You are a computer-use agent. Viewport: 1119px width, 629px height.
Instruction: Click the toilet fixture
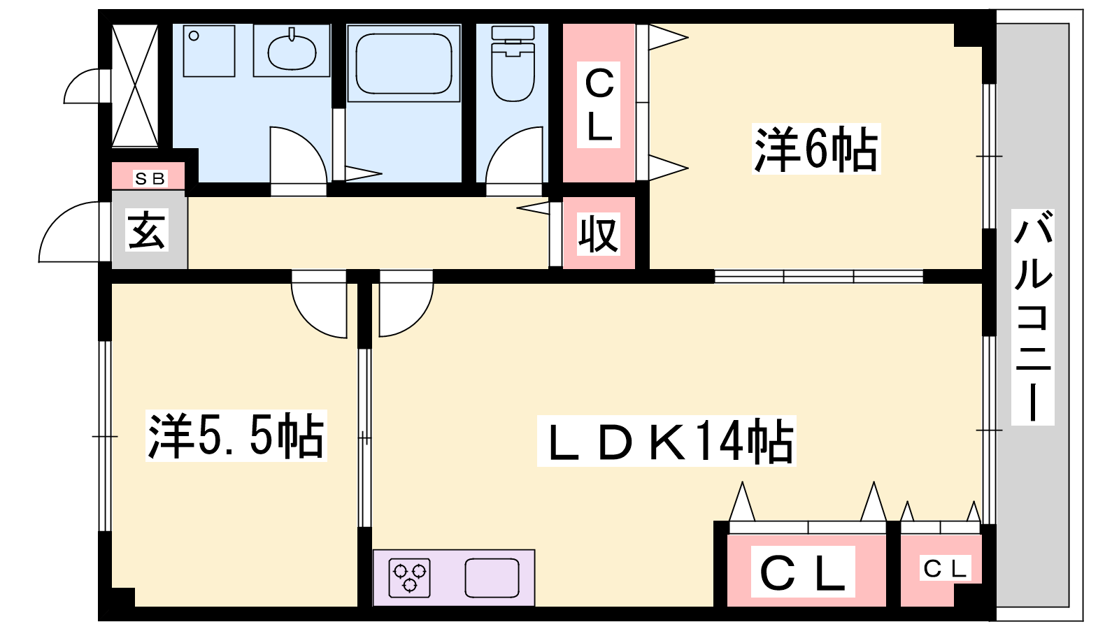pos(513,66)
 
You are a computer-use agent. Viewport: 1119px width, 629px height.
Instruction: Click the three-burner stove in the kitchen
pos(409,578)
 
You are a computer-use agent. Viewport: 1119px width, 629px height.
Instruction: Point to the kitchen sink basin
pos(492,578)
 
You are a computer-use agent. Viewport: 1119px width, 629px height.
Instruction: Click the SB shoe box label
pos(150,179)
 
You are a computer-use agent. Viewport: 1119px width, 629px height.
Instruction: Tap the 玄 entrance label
pos(147,231)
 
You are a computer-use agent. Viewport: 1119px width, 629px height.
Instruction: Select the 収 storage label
pos(599,233)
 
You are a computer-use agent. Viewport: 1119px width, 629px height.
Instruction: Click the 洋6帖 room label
pos(815,150)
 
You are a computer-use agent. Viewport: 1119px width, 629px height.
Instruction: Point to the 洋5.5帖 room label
pos(236,436)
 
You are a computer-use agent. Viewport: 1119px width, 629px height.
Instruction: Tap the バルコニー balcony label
pos(1033,317)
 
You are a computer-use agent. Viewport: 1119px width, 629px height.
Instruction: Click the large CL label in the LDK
pos(803,572)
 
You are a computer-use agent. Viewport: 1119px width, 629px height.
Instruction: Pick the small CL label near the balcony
pos(945,569)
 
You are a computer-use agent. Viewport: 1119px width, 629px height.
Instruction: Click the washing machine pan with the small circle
pos(209,51)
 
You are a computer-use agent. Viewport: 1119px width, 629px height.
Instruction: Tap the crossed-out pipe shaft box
pos(135,86)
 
